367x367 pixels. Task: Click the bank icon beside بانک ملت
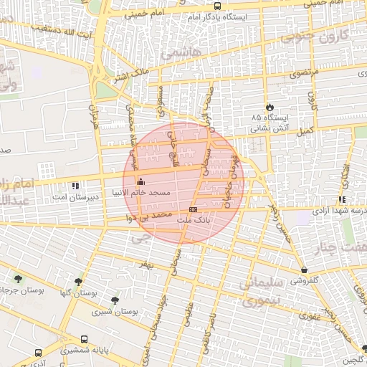(x=192, y=209)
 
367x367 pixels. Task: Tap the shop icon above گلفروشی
(x=305, y=270)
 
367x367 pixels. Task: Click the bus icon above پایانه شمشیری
(x=85, y=339)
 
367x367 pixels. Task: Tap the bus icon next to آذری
(x=39, y=353)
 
